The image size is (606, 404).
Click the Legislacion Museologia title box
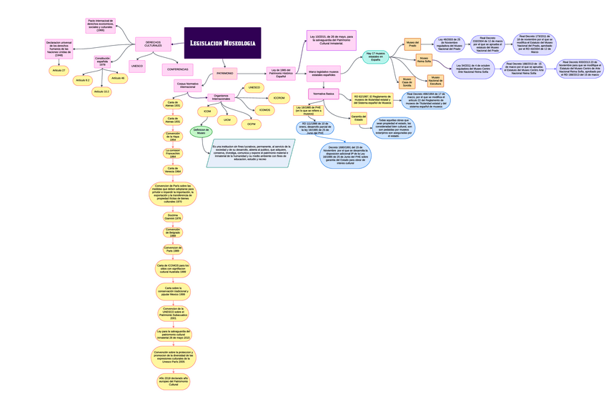222,43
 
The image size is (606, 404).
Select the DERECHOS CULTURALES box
153,44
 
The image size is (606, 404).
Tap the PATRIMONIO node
224,73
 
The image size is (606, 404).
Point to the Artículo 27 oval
59,71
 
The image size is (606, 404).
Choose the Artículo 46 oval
118,78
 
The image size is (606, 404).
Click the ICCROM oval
279,98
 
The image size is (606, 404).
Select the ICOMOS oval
265,111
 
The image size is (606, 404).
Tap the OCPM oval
251,124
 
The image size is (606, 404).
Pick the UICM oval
227,119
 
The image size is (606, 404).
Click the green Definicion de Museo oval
201,132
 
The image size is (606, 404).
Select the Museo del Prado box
412,44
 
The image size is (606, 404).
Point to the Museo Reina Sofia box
424,60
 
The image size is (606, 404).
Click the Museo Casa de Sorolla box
407,82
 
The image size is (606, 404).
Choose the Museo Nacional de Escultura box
435,81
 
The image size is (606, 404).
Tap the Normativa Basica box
324,94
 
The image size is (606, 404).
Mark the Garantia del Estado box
358,118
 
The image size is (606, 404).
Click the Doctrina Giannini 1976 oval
173,217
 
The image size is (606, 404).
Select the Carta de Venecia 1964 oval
173,170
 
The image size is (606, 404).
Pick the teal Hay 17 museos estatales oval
376,56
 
